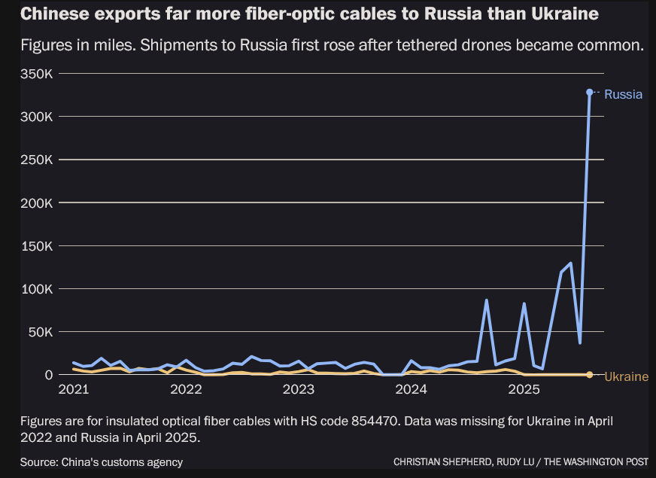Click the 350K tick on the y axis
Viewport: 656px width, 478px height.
coord(36,75)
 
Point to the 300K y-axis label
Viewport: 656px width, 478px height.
coord(36,117)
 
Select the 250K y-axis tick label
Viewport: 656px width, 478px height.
coord(36,160)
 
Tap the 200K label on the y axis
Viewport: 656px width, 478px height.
coord(36,203)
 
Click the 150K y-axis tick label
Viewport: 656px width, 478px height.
coord(36,246)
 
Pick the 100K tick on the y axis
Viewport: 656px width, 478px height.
coord(36,289)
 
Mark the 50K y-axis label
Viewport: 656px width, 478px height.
coord(39,332)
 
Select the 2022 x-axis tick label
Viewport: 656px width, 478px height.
coord(186,390)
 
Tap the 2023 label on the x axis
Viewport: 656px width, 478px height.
coord(299,390)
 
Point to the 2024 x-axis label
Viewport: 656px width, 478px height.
coord(412,390)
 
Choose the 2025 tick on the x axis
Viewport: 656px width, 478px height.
coord(524,390)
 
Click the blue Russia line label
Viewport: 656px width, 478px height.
coord(623,95)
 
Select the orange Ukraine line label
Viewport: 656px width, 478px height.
coord(626,376)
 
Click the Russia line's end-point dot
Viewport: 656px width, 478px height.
coord(589,92)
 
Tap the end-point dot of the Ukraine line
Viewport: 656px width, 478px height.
coord(589,374)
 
